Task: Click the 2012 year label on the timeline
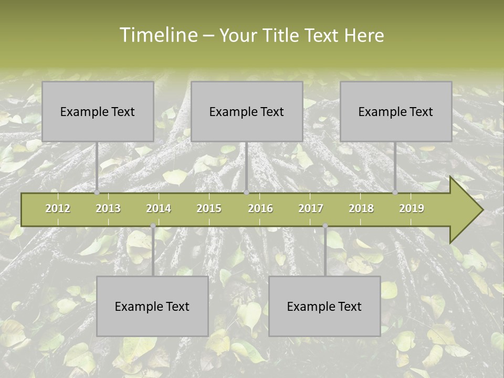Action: pyautogui.click(x=58, y=208)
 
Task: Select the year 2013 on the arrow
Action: pyautogui.click(x=108, y=208)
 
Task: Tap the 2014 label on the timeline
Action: pyautogui.click(x=159, y=208)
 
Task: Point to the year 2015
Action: pyautogui.click(x=209, y=208)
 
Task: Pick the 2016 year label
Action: pyautogui.click(x=260, y=208)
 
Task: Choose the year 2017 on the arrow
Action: pyautogui.click(x=311, y=208)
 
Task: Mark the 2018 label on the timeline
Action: pyautogui.click(x=361, y=208)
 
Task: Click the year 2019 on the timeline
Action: pyautogui.click(x=412, y=208)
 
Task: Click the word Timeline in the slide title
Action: pyautogui.click(x=157, y=35)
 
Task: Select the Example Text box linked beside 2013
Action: pyautogui.click(x=98, y=111)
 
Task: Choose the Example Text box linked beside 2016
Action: pyautogui.click(x=247, y=111)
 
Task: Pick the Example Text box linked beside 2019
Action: pyautogui.click(x=396, y=111)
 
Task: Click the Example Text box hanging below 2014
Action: pyautogui.click(x=152, y=306)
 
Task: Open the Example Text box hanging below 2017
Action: pyautogui.click(x=324, y=306)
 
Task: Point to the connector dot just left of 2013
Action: pyautogui.click(x=97, y=193)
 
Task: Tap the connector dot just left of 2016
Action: pyautogui.click(x=246, y=193)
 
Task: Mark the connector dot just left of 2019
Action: pyautogui.click(x=395, y=193)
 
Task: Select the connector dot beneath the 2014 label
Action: pyautogui.click(x=153, y=226)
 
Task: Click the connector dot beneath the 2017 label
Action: pyautogui.click(x=325, y=226)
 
